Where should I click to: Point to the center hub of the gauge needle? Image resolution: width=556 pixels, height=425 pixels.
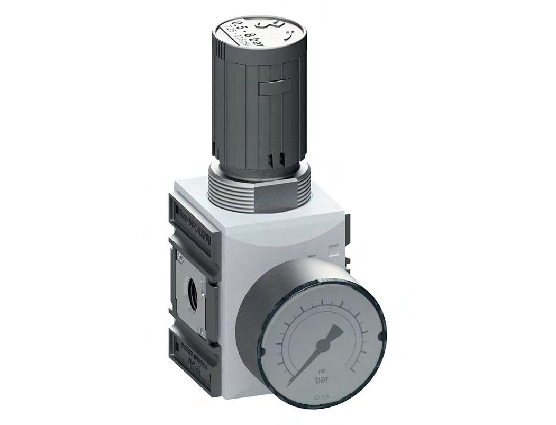point(320,345)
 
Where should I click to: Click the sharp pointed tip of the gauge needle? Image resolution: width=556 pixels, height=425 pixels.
point(291,384)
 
